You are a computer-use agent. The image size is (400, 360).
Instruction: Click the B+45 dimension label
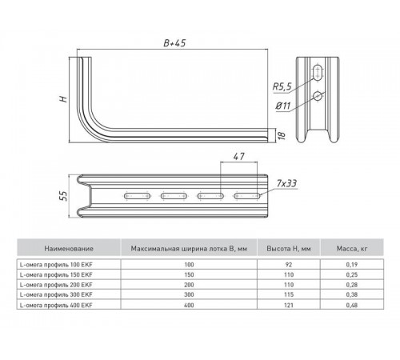tap(174, 43)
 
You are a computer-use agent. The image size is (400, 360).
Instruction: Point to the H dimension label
tap(64, 99)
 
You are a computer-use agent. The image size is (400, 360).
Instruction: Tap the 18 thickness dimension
tap(282, 135)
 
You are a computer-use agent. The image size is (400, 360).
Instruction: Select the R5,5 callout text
tap(282, 86)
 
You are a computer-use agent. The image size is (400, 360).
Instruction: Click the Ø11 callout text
tap(283, 106)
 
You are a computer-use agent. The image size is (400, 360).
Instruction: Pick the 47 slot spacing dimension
tap(238, 157)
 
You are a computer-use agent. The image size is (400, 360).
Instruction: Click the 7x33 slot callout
tap(286, 183)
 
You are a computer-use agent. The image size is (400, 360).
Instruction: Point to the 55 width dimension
tap(64, 196)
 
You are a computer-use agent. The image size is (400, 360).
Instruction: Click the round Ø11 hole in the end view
tap(318, 96)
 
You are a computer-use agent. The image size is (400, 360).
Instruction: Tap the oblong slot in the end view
tap(318, 72)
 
